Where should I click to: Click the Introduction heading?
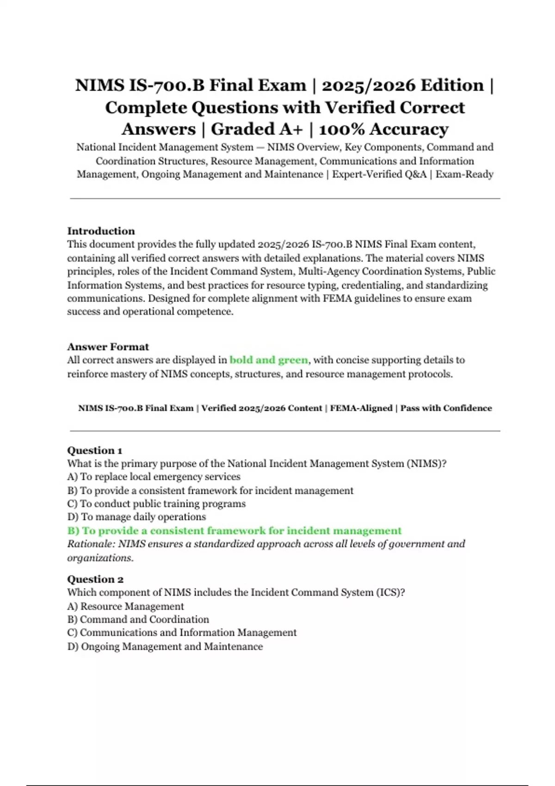click(x=101, y=231)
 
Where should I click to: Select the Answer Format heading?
click(x=108, y=346)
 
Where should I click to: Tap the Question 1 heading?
click(x=94, y=450)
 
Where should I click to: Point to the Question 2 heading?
click(x=95, y=579)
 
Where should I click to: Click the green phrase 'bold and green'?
click(x=269, y=360)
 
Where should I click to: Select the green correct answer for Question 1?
click(x=234, y=530)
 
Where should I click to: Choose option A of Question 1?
click(x=154, y=477)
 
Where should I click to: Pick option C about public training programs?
click(x=156, y=504)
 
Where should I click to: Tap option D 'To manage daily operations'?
click(x=136, y=517)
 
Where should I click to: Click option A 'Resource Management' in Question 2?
click(x=125, y=606)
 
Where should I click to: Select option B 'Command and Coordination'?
click(x=138, y=620)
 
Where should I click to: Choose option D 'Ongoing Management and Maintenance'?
click(x=165, y=646)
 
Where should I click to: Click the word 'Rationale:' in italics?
click(x=91, y=544)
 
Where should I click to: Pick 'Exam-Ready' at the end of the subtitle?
click(x=464, y=174)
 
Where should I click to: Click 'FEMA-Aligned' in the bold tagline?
click(x=361, y=408)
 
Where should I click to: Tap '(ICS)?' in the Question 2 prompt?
click(x=390, y=592)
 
